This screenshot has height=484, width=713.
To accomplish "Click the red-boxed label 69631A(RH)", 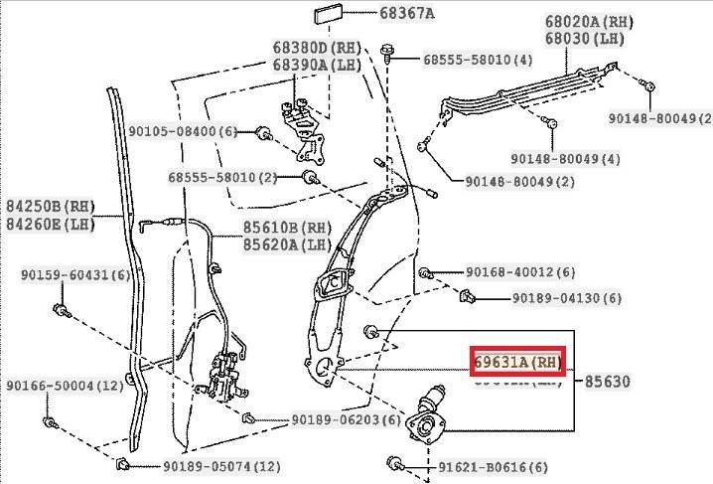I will coord(516,362).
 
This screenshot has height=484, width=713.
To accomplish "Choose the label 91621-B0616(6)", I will coord(492,465).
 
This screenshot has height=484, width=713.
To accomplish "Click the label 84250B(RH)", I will coord(50,207).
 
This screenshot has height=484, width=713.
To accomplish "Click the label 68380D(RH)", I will coord(317,48).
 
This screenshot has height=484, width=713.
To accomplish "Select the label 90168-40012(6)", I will coord(519,272).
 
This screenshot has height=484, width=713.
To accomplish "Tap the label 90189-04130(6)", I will coord(567,298).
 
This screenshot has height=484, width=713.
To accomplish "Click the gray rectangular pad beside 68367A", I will coord(329,15).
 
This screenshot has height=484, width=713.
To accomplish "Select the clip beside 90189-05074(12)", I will coord(122,464).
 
